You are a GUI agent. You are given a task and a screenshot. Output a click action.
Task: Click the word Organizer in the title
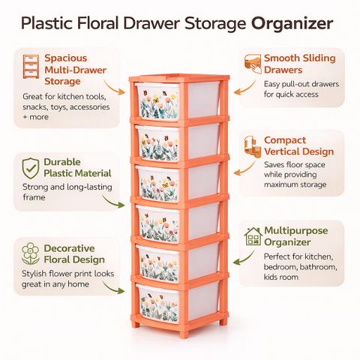click(292, 24)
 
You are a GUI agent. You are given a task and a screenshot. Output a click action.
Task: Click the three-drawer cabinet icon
click(31, 67)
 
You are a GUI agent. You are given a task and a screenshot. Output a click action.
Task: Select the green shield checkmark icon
click(31, 168)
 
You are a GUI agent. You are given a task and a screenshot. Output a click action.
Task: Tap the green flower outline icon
click(30, 253)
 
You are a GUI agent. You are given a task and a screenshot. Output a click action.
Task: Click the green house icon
click(253, 236)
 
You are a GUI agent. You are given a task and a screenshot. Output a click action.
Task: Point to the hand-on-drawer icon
click(253, 64)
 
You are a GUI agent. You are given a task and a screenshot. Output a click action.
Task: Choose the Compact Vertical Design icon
click(252, 147)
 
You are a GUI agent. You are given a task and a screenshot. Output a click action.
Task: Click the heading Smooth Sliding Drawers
click(300, 64)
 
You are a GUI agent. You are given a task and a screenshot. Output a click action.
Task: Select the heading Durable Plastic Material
click(77, 167)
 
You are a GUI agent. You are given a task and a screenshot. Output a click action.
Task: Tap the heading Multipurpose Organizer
click(295, 236)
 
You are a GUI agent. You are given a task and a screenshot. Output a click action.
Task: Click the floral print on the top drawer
click(159, 104)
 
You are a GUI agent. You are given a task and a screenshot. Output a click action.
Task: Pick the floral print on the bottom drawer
click(159, 307)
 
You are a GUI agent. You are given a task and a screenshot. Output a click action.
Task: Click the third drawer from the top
click(178, 182)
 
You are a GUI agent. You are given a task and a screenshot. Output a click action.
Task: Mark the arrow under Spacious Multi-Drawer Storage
click(114, 87)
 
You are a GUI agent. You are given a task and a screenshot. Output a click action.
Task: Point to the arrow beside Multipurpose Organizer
click(244, 257)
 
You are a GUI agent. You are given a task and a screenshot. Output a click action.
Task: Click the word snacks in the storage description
click(34, 107)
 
